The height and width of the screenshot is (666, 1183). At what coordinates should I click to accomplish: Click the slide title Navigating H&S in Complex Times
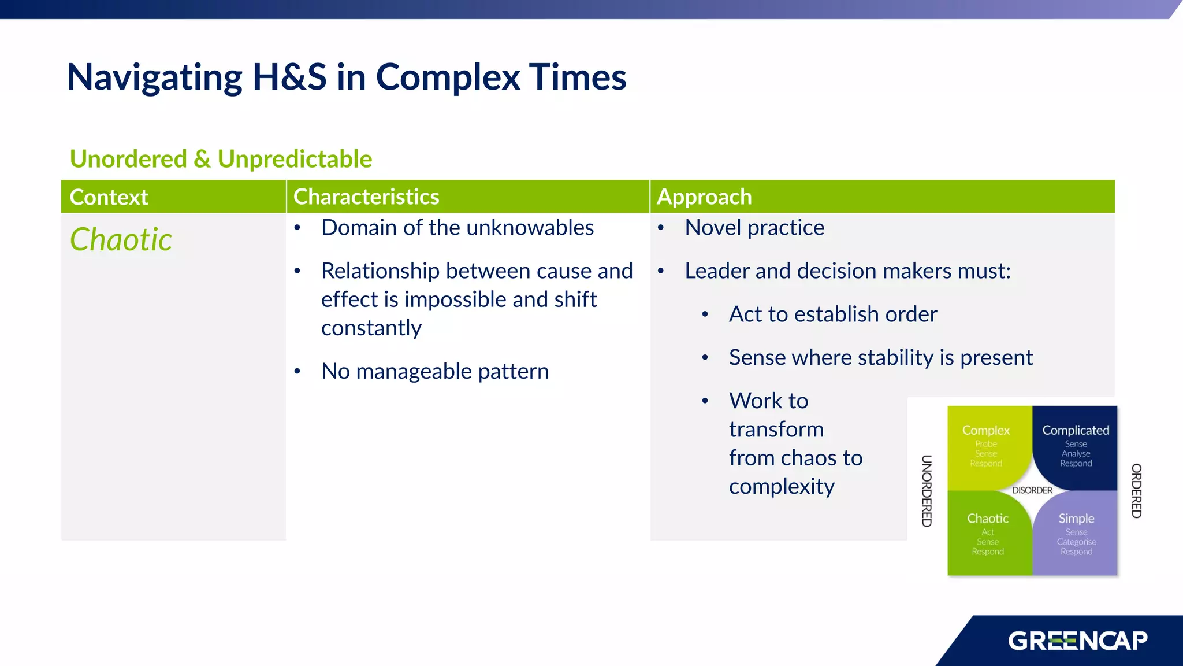coord(346,77)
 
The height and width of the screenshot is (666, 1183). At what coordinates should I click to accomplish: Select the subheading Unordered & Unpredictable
coord(221,159)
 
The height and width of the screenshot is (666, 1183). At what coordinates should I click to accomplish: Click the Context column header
coord(109,197)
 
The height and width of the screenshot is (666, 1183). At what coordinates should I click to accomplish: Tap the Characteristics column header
coord(366,197)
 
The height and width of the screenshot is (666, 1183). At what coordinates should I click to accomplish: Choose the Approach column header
coord(704,197)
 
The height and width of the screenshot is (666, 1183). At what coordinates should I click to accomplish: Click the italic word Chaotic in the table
coord(121,239)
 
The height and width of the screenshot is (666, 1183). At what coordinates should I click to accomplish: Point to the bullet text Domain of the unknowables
coord(457,228)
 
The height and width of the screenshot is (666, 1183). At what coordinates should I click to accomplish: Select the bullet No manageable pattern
coord(434,371)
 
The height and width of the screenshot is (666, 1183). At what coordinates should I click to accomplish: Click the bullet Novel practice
coord(754,228)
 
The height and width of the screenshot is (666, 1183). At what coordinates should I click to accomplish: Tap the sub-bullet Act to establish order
coord(832,314)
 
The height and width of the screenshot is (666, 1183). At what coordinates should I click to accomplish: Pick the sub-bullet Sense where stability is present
coord(880,357)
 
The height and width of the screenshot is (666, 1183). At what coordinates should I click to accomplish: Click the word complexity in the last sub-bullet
coord(782,486)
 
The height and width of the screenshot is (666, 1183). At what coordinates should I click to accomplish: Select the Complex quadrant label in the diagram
coord(985,430)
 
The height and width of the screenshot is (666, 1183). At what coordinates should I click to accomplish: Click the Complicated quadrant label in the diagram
coord(1076,430)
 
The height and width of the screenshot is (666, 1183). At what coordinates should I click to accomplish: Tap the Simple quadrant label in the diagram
coord(1076,519)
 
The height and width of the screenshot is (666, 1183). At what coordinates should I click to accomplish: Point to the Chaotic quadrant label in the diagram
coord(988,519)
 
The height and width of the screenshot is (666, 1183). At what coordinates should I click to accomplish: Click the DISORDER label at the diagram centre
coord(1032,490)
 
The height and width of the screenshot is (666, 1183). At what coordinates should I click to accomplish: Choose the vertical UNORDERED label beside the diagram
coord(927,491)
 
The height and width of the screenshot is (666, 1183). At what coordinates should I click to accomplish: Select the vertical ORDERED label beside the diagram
coord(1136,491)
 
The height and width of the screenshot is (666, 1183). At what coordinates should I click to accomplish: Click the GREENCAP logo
coord(1077,641)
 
